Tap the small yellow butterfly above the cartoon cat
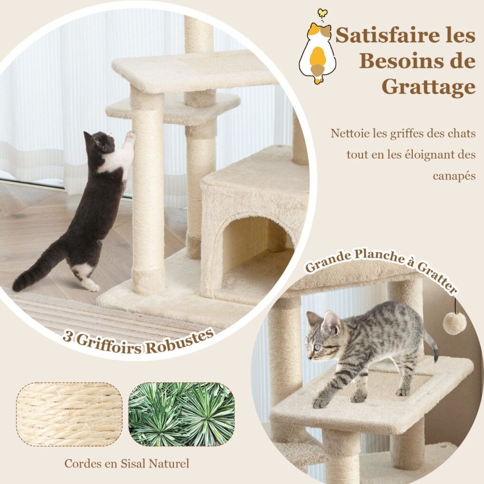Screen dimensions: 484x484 (x=322, y=13)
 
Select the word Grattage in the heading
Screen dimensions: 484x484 (x=428, y=87)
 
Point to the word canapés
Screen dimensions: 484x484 (x=454, y=176)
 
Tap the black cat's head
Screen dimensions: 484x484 (x=100, y=141)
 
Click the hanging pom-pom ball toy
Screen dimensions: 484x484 (x=454, y=323)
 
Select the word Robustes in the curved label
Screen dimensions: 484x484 (x=181, y=342)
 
